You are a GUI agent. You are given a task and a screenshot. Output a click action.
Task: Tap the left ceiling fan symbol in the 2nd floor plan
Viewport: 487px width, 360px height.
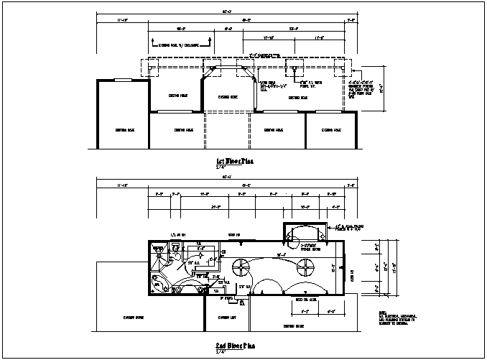pyautogui.click(x=239, y=269)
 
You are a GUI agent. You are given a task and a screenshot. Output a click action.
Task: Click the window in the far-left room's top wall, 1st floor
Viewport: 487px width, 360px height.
pyautogui.click(x=123, y=80)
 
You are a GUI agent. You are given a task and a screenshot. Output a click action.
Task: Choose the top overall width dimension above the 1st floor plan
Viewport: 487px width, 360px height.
pyautogui.click(x=226, y=12)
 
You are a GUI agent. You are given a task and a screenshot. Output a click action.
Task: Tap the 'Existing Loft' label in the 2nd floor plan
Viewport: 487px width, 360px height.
pyautogui.click(x=228, y=317)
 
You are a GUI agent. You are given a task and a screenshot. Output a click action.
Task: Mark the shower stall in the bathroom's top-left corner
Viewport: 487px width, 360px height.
pyautogui.click(x=158, y=251)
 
